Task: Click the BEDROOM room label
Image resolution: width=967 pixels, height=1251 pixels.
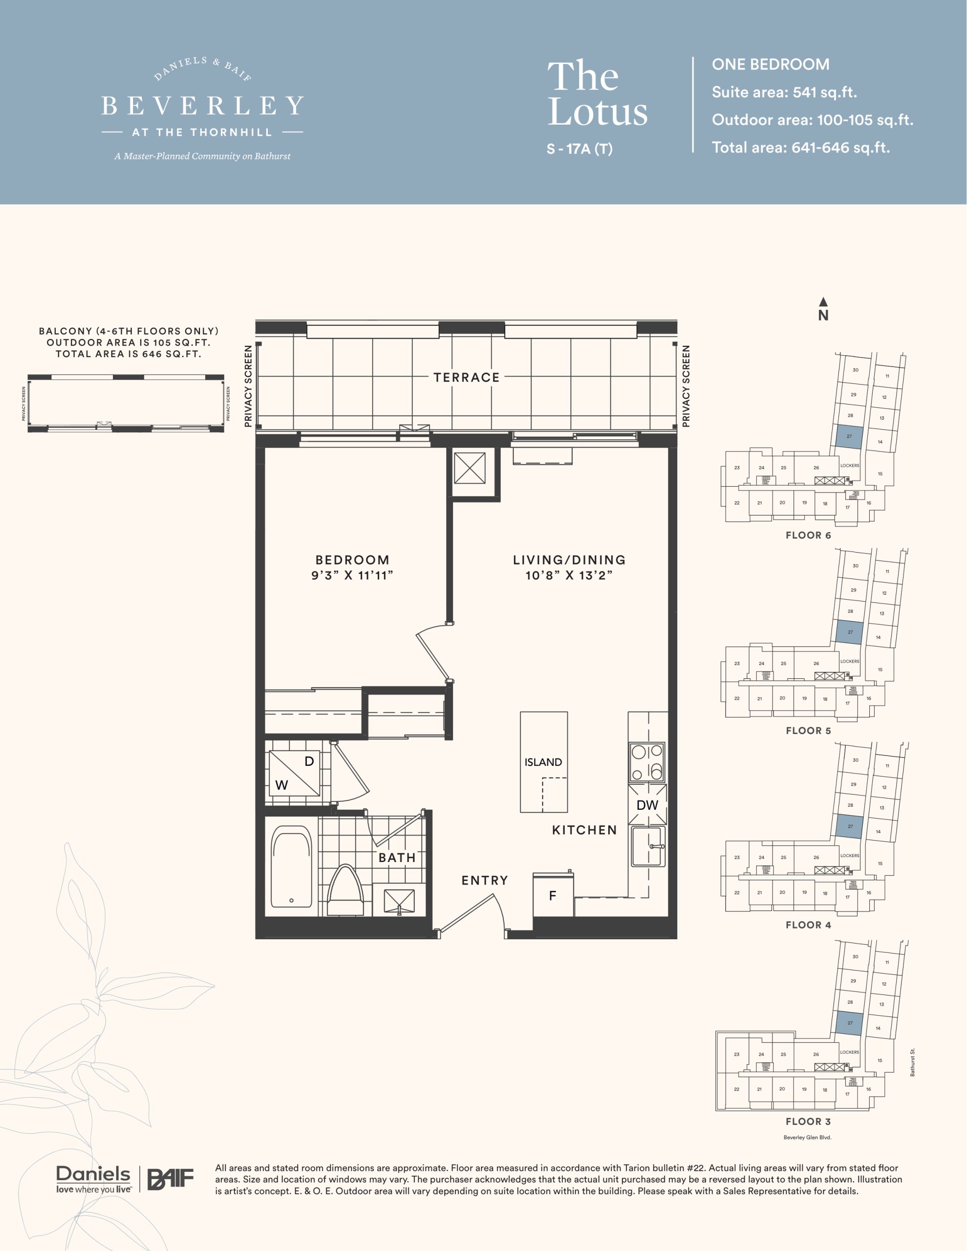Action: [x=352, y=560]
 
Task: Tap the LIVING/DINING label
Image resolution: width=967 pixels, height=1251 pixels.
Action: [x=569, y=560]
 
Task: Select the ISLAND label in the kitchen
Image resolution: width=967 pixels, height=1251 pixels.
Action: [x=543, y=762]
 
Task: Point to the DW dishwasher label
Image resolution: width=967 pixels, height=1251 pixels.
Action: [x=647, y=805]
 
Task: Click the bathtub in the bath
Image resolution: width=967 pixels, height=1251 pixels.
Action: [x=292, y=866]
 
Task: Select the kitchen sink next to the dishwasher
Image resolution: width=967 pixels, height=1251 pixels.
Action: [x=648, y=846]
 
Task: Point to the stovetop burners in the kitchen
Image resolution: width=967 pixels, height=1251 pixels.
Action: [x=647, y=762]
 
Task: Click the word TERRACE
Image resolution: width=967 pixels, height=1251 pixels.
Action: [x=466, y=377]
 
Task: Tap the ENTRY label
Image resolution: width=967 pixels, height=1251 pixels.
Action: [x=485, y=881]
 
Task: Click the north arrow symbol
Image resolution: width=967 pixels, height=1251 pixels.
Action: [x=823, y=302]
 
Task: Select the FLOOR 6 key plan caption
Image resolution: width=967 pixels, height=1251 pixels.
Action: [x=808, y=535]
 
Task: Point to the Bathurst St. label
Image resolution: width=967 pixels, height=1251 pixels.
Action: [x=913, y=1062]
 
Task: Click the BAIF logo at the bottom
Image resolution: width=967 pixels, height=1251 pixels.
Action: [x=171, y=1179]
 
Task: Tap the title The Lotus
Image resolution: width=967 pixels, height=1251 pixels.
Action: [x=598, y=93]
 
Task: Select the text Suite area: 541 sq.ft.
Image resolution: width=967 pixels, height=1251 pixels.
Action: [x=784, y=92]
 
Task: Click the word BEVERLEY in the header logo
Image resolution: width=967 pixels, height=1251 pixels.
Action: [x=202, y=106]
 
